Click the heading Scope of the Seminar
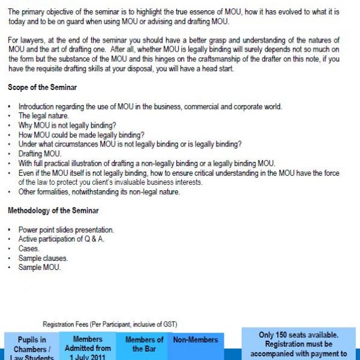click(x=42, y=88)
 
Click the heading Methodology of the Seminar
click(x=53, y=211)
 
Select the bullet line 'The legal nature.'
click(x=43, y=116)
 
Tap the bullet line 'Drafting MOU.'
click(x=40, y=154)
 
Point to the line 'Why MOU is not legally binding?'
click(x=67, y=125)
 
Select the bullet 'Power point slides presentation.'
click(x=66, y=230)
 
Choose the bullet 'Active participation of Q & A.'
click(x=61, y=239)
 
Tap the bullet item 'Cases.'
click(x=29, y=248)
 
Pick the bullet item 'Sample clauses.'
click(x=43, y=258)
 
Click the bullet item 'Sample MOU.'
click(x=40, y=268)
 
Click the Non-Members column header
click(x=196, y=340)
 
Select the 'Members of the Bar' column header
click(x=144, y=344)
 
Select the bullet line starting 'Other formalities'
click(x=99, y=192)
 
